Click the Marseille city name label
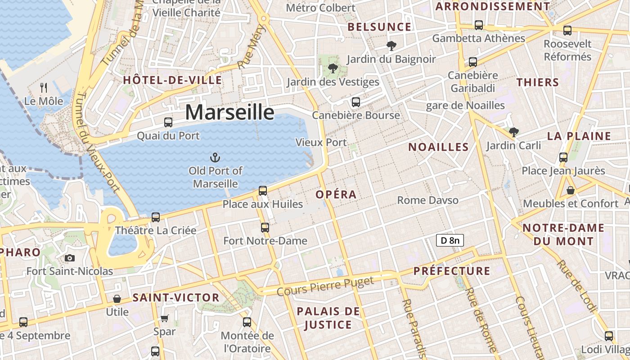[229, 112]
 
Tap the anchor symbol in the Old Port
[215, 157]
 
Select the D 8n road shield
[450, 240]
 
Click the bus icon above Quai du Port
[168, 122]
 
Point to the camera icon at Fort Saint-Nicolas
[69, 258]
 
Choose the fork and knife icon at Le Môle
[44, 87]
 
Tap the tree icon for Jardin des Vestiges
[333, 68]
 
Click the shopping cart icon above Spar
[165, 318]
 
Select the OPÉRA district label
[336, 194]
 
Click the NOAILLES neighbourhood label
[438, 147]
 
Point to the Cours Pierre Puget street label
[325, 286]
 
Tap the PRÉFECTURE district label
[451, 271]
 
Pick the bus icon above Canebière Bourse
[355, 102]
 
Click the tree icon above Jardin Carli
[513, 132]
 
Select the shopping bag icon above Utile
[117, 299]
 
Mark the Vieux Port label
[321, 142]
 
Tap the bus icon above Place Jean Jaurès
[563, 157]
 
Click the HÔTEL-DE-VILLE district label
[172, 81]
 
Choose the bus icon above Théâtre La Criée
[156, 217]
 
